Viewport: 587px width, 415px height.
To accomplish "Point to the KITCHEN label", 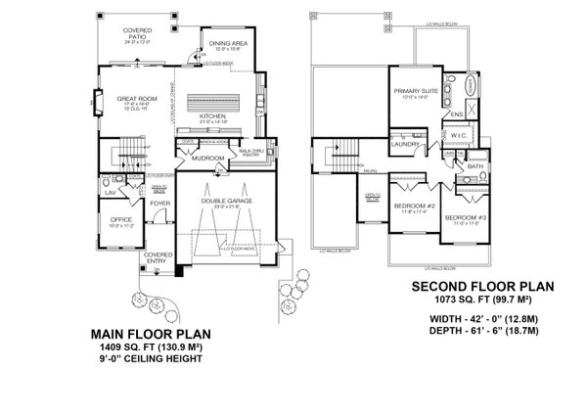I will [x=213, y=115].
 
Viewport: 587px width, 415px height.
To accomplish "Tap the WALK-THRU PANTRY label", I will [x=250, y=153].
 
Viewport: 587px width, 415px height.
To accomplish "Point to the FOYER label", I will [x=160, y=204].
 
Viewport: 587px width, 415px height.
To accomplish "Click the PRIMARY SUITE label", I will [x=412, y=91].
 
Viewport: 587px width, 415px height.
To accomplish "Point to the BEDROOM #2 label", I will [x=414, y=207].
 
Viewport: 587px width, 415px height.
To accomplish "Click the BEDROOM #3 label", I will [x=461, y=217].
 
